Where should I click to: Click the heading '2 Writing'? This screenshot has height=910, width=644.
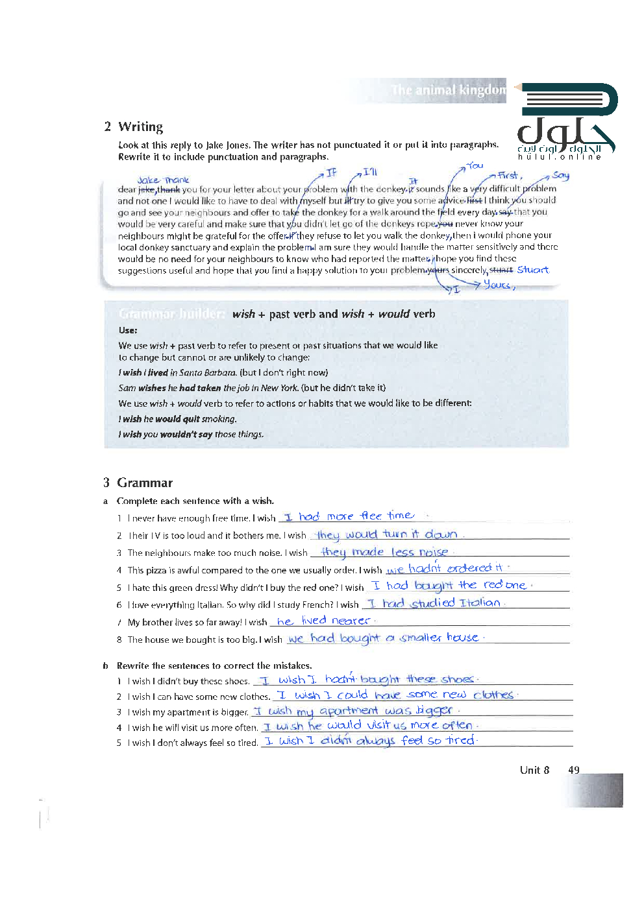point(134,126)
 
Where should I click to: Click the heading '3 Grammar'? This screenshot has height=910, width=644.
point(138,483)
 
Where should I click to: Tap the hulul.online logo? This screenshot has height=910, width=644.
point(567,123)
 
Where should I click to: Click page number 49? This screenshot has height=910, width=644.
point(573,770)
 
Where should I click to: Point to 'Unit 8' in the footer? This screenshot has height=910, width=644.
point(534,770)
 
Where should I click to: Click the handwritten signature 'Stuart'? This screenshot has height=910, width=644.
point(532,270)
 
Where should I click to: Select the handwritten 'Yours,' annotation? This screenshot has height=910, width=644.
point(499,285)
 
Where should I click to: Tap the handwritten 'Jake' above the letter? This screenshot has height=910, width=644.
point(148,180)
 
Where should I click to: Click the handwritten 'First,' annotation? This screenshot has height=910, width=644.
point(510,175)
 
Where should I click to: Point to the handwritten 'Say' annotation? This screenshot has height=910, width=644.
point(560,175)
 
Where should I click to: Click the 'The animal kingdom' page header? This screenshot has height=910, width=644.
point(448,90)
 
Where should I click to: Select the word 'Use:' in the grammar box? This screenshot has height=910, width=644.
point(128,330)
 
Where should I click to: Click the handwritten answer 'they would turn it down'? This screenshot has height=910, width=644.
point(387,534)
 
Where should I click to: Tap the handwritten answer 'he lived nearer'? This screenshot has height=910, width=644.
point(323,621)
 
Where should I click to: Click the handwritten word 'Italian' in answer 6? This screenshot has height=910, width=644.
point(480,603)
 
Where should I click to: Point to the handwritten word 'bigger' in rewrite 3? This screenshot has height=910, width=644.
point(434,710)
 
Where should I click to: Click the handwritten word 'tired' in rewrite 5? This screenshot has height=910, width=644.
point(460,740)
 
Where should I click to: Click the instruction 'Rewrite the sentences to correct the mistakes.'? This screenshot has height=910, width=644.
point(214,665)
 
